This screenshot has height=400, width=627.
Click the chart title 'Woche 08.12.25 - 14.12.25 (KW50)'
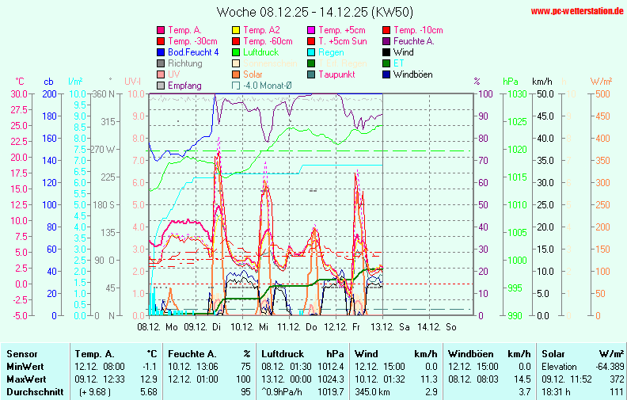pos(314,12)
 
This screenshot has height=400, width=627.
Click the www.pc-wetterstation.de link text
pos(577,11)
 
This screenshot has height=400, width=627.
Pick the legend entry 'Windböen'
pos(414,74)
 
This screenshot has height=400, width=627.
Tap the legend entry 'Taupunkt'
pos(336,74)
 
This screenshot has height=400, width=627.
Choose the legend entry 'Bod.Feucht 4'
pos(193,52)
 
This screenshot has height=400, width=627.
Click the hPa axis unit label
pos(509,82)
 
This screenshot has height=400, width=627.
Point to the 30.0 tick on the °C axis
pos(18,93)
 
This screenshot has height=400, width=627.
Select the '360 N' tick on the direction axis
pos(104,93)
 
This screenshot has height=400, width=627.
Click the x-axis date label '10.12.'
pos(242,326)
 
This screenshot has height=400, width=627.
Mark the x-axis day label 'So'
pos(451,326)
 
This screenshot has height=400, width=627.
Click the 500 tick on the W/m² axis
pos(600,93)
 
